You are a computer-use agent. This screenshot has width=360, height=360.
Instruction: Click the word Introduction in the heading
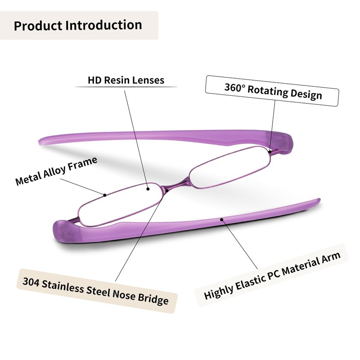103,25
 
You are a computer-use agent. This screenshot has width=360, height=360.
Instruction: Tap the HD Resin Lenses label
126,81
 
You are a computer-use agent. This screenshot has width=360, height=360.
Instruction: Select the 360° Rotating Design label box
273,91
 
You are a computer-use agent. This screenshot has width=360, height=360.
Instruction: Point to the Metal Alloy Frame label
56,171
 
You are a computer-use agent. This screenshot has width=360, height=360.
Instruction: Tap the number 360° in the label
234,87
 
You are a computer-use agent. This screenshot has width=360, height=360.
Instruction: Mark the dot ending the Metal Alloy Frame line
105,195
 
